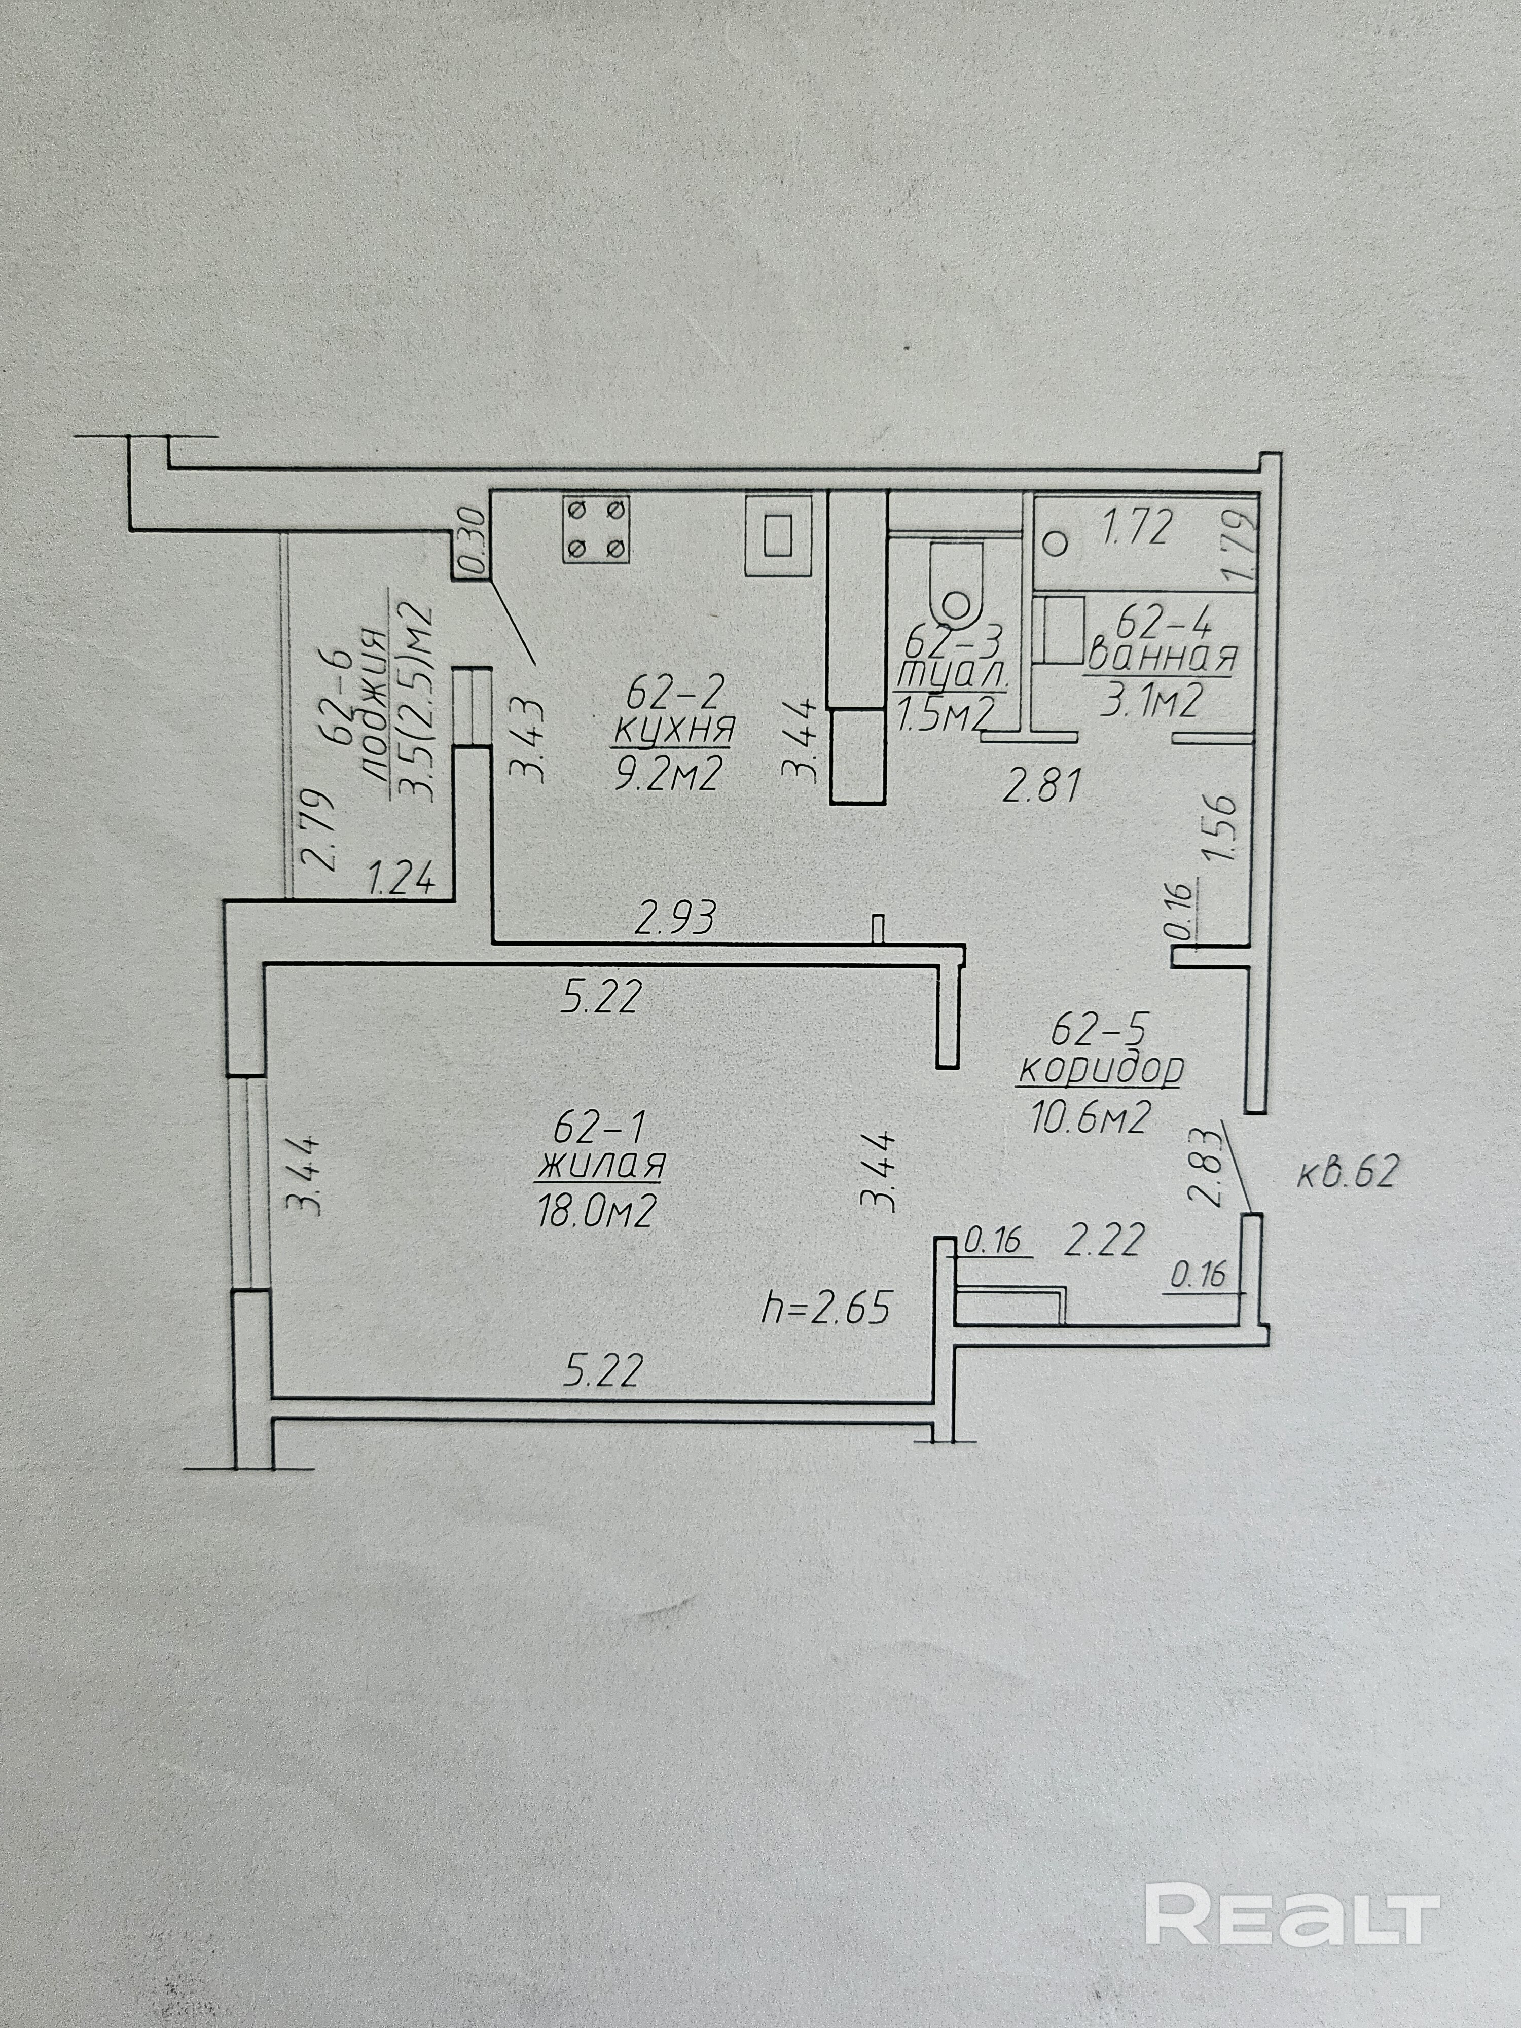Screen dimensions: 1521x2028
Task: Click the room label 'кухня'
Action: pos(674,729)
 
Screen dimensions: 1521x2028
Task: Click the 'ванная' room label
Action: pos(1162,658)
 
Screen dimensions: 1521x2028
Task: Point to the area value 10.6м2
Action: pos(1091,1117)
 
